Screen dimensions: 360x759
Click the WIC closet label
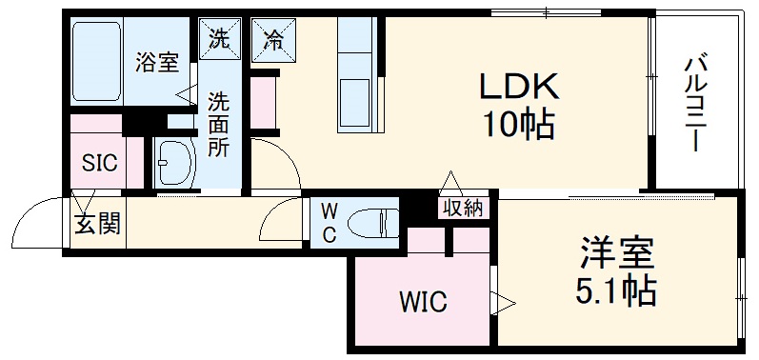coord(421,304)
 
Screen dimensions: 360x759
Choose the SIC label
coord(99,163)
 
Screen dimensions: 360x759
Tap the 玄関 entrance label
coord(97,225)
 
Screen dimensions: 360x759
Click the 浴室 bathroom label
coord(158,64)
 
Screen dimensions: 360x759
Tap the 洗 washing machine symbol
coord(219,40)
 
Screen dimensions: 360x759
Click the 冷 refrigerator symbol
coord(272,40)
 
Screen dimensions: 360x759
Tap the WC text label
coord(326,225)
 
